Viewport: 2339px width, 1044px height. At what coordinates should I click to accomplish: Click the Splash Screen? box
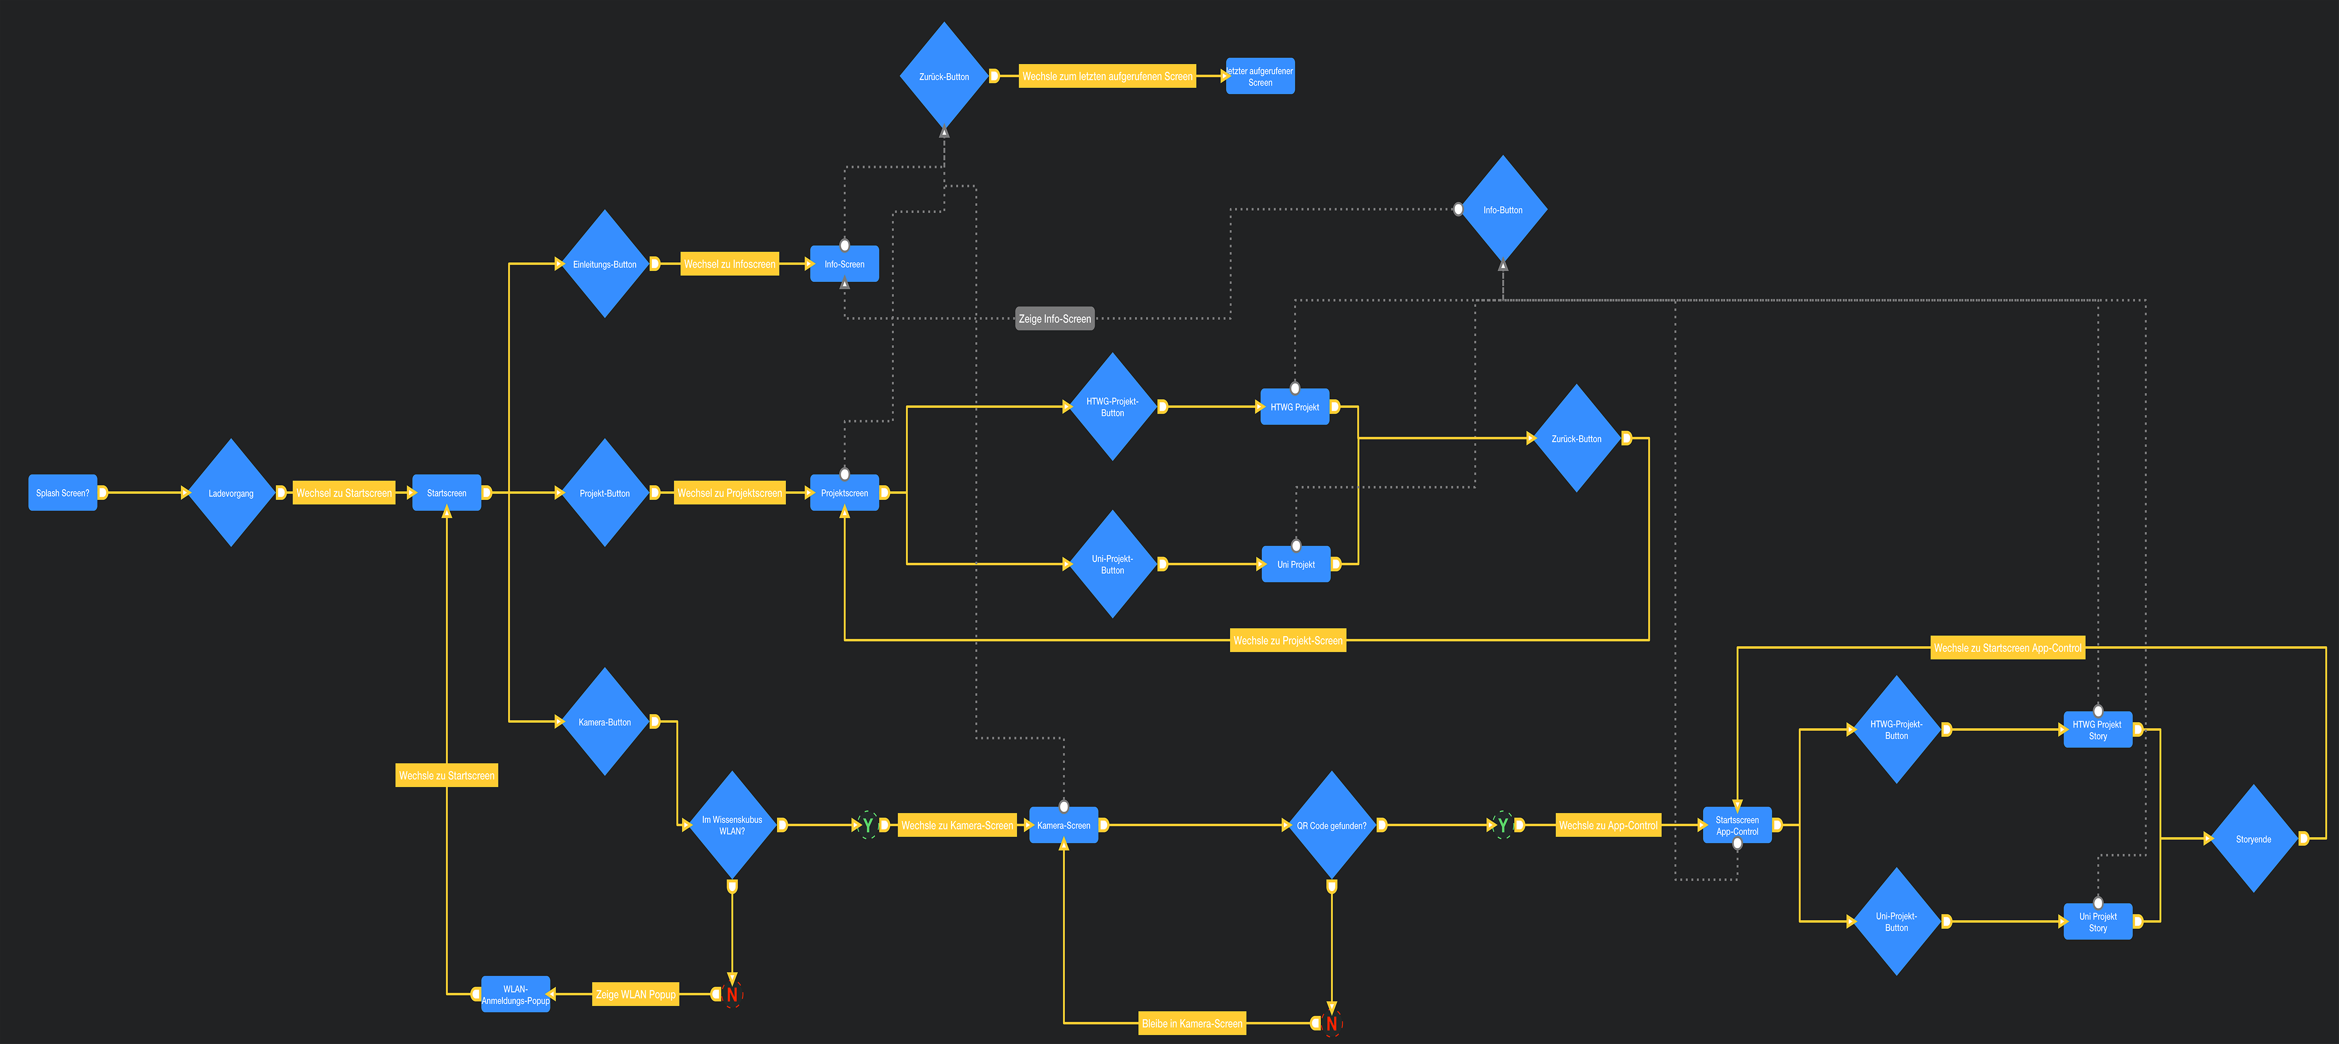tap(63, 493)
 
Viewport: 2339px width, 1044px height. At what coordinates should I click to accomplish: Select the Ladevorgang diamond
tap(231, 493)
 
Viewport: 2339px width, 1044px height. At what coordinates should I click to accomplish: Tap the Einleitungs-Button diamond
tap(605, 264)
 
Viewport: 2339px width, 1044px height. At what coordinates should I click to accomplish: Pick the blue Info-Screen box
tap(844, 264)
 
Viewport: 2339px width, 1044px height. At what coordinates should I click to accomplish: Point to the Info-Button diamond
tap(1503, 210)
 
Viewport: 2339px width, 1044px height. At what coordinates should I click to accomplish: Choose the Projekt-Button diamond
tap(605, 493)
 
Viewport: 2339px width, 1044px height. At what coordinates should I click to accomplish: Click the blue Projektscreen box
tap(844, 493)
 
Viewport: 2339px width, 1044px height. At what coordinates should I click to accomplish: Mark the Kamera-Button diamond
tap(605, 722)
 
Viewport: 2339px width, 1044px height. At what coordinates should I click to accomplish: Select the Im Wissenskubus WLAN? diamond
tap(732, 825)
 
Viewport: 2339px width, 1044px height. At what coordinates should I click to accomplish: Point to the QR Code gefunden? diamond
tap(1331, 825)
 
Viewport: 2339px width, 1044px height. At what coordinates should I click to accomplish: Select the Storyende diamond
tap(2254, 839)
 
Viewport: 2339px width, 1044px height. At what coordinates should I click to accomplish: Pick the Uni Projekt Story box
tap(2097, 921)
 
